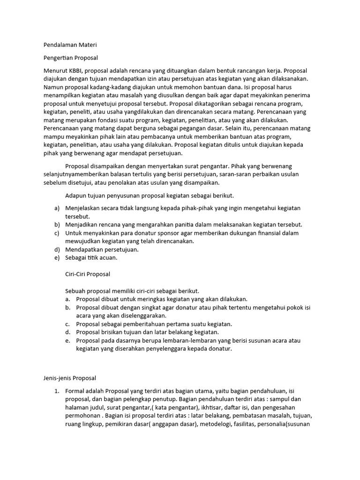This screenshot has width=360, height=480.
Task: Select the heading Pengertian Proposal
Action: [x=70, y=58]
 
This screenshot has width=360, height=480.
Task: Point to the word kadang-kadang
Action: [x=111, y=87]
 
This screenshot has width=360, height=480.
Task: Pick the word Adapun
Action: [x=76, y=195]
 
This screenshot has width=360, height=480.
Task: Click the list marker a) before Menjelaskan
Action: [x=57, y=208]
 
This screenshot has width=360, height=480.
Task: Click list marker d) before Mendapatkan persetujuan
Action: [x=57, y=250]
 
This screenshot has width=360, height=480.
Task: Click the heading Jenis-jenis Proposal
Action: [x=69, y=377]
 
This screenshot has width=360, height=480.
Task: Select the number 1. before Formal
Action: [x=57, y=390]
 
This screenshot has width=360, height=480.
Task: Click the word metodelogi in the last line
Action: [x=213, y=424]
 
